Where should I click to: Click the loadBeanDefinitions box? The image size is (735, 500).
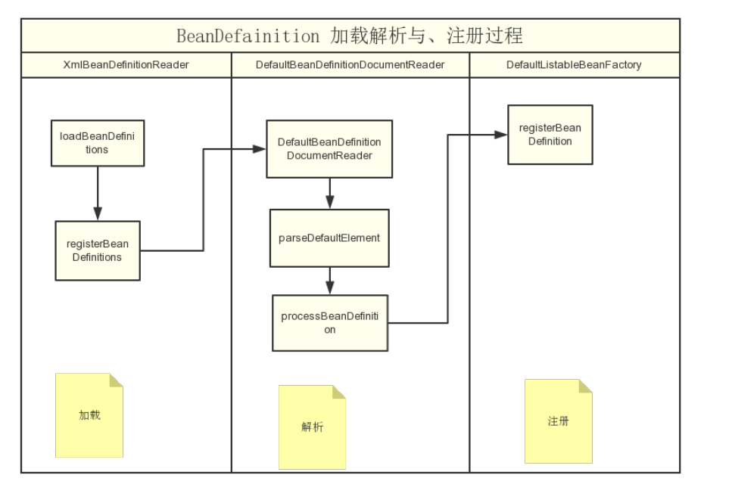(x=97, y=143)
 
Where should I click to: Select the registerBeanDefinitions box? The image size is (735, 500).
(x=97, y=250)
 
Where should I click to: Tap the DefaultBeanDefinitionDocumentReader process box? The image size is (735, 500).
(x=329, y=149)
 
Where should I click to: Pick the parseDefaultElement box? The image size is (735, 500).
(x=329, y=238)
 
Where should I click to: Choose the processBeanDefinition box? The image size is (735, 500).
(x=329, y=323)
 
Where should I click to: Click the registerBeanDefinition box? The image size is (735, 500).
(x=550, y=135)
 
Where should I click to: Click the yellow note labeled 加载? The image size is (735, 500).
(x=89, y=415)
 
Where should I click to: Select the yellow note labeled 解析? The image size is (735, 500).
(x=312, y=427)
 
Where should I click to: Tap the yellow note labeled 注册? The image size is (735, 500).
(x=559, y=421)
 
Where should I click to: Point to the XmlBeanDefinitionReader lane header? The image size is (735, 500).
(x=126, y=65)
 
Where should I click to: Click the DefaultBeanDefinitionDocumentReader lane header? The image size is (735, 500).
(x=350, y=65)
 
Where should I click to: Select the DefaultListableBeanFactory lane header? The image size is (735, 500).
(x=574, y=65)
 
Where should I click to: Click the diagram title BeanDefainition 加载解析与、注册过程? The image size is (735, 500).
(x=350, y=36)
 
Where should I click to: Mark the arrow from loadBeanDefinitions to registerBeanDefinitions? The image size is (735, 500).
(x=97, y=193)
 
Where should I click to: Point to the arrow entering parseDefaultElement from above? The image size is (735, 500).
(x=329, y=194)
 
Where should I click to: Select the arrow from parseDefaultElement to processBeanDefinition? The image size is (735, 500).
(x=329, y=281)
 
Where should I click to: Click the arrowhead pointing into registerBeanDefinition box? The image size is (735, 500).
(x=501, y=135)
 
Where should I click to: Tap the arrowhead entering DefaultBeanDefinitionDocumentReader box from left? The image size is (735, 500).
(x=260, y=149)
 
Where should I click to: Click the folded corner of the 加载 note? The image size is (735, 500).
(x=117, y=380)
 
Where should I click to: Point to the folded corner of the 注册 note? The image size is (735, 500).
(x=586, y=386)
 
